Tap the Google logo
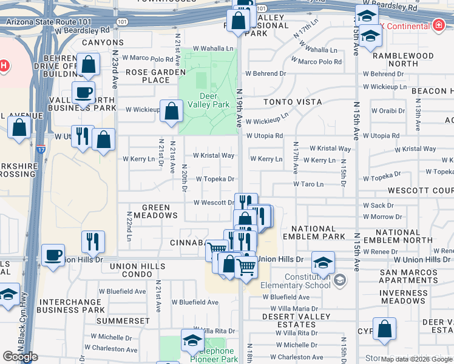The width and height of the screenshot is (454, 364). (x=21, y=357)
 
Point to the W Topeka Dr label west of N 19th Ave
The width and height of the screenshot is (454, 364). (x=215, y=179)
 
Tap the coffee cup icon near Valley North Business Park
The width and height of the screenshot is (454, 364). (x=83, y=93)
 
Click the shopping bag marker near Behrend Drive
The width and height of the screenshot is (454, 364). (x=89, y=64)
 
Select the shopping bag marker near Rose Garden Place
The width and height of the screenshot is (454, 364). (x=172, y=110)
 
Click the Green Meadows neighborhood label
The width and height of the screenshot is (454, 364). (x=151, y=211)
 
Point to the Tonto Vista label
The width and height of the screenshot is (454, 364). (x=293, y=102)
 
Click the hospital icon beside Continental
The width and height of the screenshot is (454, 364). (x=438, y=25)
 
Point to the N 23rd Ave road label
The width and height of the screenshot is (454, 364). (x=114, y=63)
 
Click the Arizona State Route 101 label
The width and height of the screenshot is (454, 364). (x=49, y=21)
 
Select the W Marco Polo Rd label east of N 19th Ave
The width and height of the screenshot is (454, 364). (x=319, y=61)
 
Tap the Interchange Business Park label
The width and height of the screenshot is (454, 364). (x=70, y=306)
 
